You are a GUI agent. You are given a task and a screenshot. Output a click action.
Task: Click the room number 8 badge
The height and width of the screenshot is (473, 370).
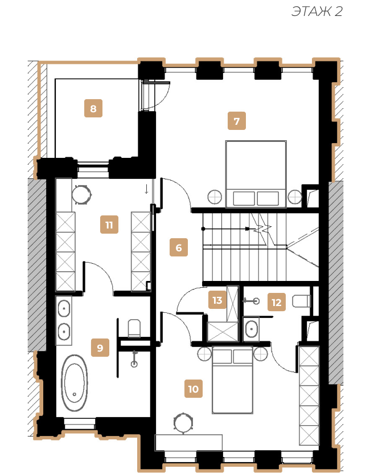coord(93,108)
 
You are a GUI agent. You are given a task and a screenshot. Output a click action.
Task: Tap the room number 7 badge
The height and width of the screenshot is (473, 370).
coord(237,121)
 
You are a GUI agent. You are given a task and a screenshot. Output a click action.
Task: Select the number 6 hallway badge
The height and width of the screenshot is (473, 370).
coord(179,247)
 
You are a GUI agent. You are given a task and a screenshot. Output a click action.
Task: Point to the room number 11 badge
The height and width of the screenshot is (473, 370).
coord(109,225)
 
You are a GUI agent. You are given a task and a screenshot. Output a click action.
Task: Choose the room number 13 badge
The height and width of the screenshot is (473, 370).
coord(217,300)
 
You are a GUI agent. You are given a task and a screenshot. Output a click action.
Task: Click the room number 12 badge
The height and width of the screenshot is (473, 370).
coord(277,302)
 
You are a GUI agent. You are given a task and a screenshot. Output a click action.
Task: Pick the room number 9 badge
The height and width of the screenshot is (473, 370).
coord(100,348)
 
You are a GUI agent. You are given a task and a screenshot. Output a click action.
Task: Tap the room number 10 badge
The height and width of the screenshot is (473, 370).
coord(194,389)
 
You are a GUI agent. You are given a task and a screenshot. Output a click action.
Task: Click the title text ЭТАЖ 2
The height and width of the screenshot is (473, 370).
coord(317,11)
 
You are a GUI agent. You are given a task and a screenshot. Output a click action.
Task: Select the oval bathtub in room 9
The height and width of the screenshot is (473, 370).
coord(75,383)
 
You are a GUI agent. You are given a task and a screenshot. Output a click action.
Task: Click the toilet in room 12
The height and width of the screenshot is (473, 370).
coord(302,301)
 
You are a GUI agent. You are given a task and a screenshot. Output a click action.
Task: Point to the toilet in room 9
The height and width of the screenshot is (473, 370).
coord(134,328)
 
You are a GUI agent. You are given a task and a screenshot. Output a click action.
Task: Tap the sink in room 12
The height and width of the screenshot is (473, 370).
coord(251,329)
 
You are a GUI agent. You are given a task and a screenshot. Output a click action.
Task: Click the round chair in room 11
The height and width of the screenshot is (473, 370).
coord(81,195)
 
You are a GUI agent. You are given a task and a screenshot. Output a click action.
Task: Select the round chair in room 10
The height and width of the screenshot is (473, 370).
coord(183,423)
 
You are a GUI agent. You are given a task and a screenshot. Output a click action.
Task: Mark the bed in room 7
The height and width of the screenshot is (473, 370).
coord(256,174)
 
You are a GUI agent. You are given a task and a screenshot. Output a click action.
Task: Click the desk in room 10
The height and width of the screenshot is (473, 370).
coord(188,443)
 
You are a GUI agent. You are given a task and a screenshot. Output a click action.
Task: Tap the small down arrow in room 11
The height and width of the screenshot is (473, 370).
coord(146,189)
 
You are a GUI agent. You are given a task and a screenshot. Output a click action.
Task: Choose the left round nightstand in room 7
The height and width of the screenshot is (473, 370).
coord(215,197)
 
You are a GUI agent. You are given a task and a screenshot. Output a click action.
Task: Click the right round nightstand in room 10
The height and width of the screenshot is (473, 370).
coord(260,353)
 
